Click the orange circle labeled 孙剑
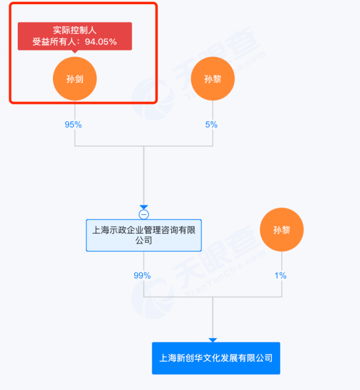(74, 78)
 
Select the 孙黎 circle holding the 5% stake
(212, 78)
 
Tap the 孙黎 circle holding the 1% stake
(281, 230)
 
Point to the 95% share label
(73, 125)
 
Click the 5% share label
(211, 125)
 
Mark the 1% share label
(280, 275)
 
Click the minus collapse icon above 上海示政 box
(143, 214)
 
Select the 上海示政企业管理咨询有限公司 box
(143, 235)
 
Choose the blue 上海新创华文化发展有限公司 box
(215, 358)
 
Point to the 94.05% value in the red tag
(101, 42)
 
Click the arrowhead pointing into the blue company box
(212, 340)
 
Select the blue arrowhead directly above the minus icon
(143, 206)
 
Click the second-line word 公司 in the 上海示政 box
(143, 241)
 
